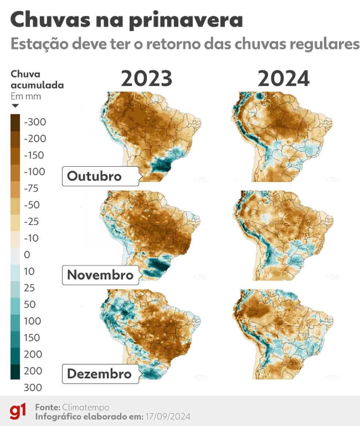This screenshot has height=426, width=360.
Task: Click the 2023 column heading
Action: (x=147, y=79)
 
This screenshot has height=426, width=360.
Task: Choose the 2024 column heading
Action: (x=284, y=79)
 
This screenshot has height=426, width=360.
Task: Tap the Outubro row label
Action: (x=94, y=176)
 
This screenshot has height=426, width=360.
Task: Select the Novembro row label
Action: (x=100, y=274)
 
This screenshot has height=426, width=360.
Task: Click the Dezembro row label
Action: (x=99, y=374)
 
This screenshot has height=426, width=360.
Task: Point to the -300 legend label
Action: (x=35, y=122)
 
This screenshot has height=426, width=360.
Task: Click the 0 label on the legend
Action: (x=27, y=255)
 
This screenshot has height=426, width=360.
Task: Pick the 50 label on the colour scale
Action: (x=30, y=304)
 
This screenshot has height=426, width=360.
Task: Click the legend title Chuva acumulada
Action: (x=37, y=80)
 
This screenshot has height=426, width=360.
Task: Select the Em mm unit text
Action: (x=26, y=97)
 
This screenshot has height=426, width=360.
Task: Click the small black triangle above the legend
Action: (x=15, y=106)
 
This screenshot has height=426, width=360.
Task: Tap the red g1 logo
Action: (x=18, y=411)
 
